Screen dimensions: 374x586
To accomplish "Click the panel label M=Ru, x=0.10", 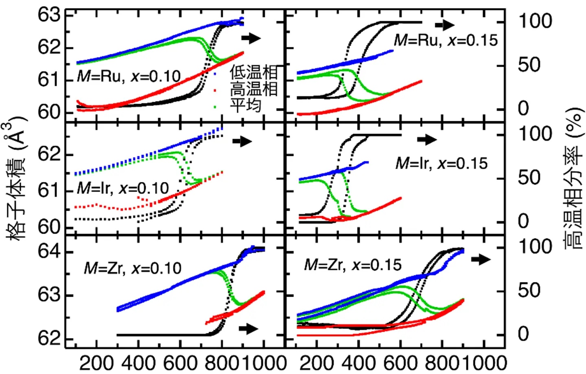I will tap(129, 76).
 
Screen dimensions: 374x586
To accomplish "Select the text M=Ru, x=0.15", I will tap(446, 40).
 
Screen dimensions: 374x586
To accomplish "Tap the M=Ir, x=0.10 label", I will tap(123, 188).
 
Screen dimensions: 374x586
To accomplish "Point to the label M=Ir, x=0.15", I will tap(441, 164).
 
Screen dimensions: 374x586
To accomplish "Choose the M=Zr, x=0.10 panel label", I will tap(133, 268).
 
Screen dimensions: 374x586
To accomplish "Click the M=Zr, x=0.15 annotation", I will tap(353, 265).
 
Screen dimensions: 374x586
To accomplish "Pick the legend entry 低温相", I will tap(254, 72).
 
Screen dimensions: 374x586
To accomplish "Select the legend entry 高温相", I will tap(254, 89).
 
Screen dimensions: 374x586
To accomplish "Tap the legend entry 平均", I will tap(245, 105).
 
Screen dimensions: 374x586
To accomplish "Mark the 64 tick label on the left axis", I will tap(49, 251).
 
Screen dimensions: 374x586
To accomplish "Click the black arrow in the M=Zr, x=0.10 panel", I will tap(249, 328).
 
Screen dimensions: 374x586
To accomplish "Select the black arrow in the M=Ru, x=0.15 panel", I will tap(445, 25).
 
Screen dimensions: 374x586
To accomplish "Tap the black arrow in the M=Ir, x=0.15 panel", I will tap(427, 140).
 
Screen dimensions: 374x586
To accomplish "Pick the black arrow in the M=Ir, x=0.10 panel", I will tap(243, 141).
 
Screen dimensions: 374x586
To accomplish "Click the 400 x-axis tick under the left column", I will tap(139, 363).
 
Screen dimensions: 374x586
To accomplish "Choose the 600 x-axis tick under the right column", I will tap(400, 363).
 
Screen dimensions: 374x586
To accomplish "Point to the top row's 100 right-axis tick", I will tap(535, 21).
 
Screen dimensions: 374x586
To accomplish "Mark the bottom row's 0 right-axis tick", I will tap(523, 334).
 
